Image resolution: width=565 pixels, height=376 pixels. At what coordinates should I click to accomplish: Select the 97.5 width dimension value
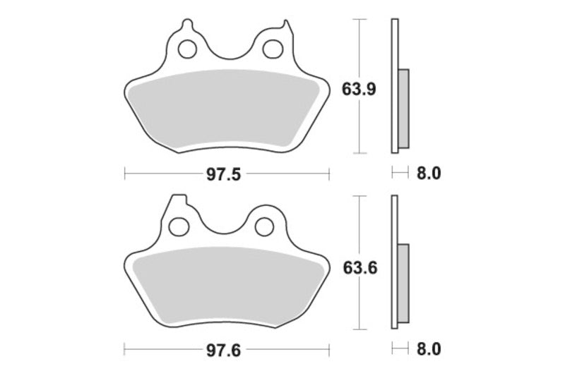point(226,173)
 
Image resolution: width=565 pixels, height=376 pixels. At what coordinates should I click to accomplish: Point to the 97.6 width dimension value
point(226,349)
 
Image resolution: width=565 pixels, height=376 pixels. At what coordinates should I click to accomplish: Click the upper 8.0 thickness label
point(428,173)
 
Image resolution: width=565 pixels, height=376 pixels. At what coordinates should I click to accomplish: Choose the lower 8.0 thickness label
point(428,349)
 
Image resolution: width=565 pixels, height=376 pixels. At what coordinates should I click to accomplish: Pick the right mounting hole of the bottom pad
point(264,225)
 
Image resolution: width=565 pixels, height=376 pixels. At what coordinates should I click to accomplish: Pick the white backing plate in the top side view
point(394,42)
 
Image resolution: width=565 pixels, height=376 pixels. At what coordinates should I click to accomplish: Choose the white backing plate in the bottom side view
point(394,219)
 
